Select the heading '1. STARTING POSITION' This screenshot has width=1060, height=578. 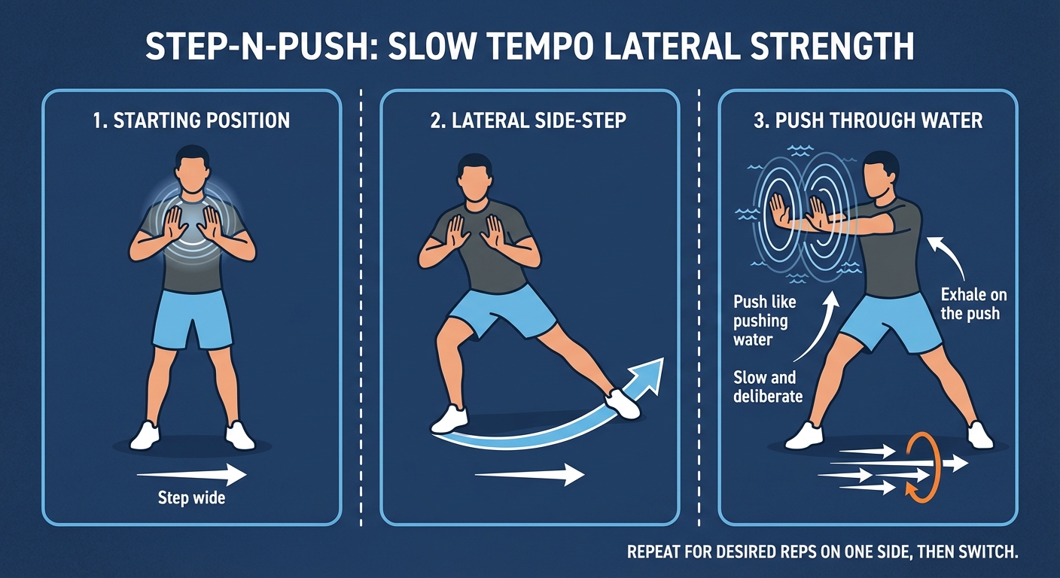191,120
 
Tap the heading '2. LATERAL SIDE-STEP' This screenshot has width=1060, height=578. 528,120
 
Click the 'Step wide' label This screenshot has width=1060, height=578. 191,497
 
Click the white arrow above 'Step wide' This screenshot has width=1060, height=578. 191,475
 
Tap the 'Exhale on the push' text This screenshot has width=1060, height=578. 973,304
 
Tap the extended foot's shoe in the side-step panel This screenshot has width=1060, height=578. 623,404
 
